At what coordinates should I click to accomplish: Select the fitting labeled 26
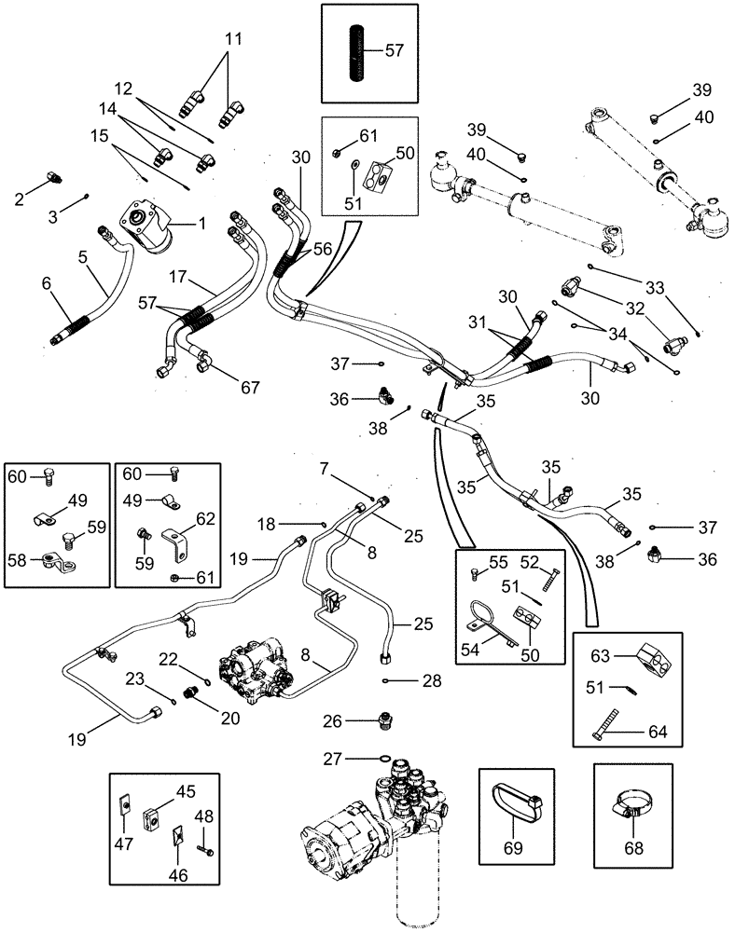coord(383,720)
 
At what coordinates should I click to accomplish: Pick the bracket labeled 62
coord(177,543)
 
